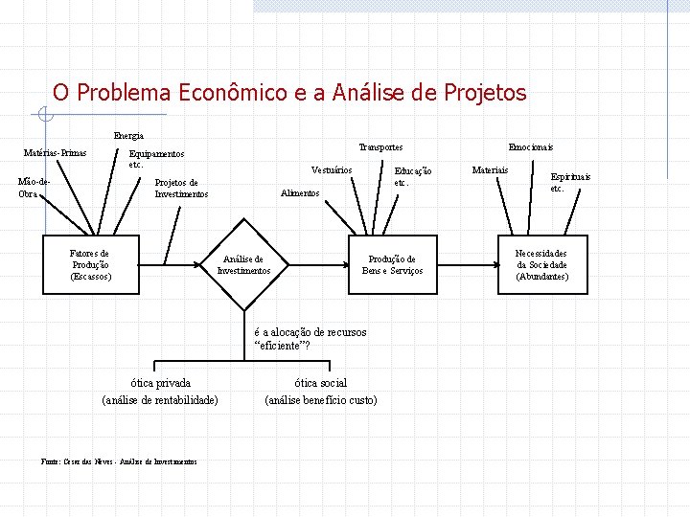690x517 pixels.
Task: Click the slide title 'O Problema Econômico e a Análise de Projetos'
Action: [289, 93]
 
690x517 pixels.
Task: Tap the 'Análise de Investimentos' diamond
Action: [243, 265]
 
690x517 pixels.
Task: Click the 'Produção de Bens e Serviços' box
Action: [392, 265]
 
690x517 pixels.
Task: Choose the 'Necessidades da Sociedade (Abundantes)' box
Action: [541, 265]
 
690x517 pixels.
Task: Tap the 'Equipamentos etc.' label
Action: [156, 158]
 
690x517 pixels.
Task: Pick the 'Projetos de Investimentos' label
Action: [180, 188]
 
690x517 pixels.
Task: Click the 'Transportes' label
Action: [380, 147]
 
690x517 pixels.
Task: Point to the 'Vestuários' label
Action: [332, 170]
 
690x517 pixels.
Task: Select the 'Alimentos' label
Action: [300, 193]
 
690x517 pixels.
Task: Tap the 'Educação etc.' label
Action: [413, 176]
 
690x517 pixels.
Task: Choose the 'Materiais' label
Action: [491, 170]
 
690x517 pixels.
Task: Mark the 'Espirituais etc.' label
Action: [569, 182]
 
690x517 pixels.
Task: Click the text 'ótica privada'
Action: [160, 383]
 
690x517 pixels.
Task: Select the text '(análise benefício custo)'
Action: [321, 400]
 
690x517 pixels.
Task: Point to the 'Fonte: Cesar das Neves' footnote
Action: [120, 461]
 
